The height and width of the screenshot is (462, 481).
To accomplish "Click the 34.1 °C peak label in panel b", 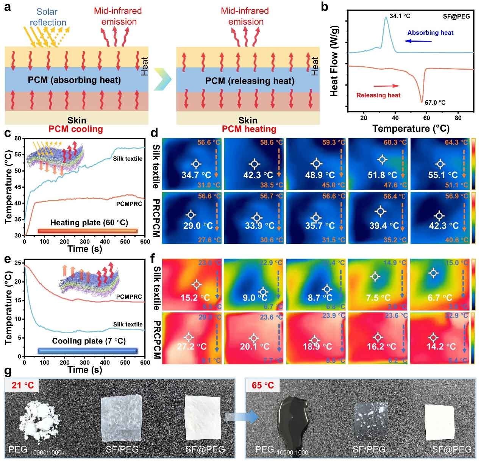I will [x=400, y=16].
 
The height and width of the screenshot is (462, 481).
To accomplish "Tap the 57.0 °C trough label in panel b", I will [x=435, y=102].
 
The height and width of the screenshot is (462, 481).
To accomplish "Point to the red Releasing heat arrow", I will [x=386, y=86].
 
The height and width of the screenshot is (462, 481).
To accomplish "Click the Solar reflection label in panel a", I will [x=48, y=17].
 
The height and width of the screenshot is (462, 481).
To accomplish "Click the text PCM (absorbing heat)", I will [x=74, y=80].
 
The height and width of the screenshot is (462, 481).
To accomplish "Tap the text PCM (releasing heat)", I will [x=250, y=81].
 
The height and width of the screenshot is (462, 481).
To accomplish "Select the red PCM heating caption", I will [x=249, y=129].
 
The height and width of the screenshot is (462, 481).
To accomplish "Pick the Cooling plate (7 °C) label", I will [x=89, y=341].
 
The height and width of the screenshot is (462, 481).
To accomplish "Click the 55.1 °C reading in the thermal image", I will [x=443, y=175].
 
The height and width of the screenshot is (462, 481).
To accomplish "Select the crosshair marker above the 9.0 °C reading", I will [x=262, y=291].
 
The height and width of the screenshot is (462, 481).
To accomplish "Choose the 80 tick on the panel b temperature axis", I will [x=458, y=118].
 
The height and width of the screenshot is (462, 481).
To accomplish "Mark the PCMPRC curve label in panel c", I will [x=130, y=204].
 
